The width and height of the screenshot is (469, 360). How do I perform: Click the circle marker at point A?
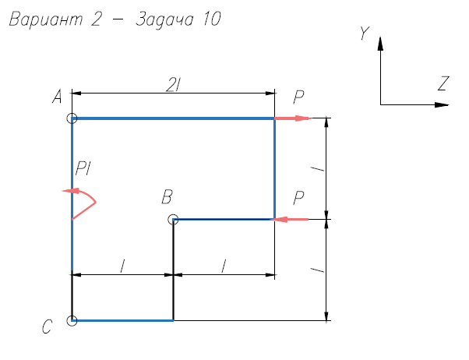click(x=72, y=118)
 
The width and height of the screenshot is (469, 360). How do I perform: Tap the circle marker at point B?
click(x=173, y=220)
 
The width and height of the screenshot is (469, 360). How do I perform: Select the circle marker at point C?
click(x=72, y=320)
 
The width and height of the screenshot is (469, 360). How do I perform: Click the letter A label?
click(x=57, y=97)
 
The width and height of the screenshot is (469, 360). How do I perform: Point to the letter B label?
click(x=166, y=197)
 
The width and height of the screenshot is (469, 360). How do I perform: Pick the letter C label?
click(x=48, y=328)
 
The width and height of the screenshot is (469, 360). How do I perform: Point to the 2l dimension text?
click(x=173, y=83)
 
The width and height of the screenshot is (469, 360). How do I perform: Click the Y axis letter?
click(x=363, y=34)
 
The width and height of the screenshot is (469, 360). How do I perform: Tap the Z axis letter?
click(x=443, y=83)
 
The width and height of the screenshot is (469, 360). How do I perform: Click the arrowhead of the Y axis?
click(x=380, y=42)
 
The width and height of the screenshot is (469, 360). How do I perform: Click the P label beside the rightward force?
click(x=299, y=97)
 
